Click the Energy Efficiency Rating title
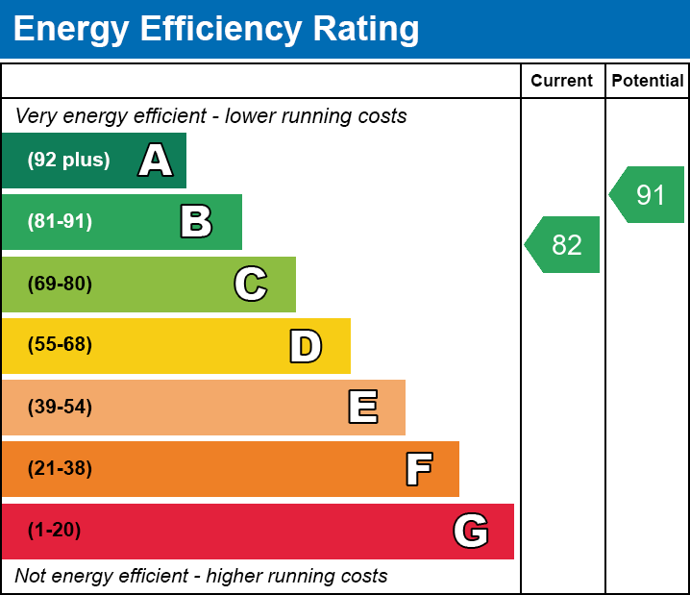216,30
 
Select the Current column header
562,82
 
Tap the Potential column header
648,82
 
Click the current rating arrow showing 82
564,245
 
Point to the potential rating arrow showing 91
649,195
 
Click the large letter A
156,161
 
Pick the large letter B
196,222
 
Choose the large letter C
251,284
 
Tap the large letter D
306,346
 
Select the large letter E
362,408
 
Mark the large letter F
418,469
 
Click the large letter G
471,531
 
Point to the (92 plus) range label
68,161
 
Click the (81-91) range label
60,222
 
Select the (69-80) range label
60,284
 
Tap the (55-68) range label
60,345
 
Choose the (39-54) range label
60,408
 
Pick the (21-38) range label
60,469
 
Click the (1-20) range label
54,531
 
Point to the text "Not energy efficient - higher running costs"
201,577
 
